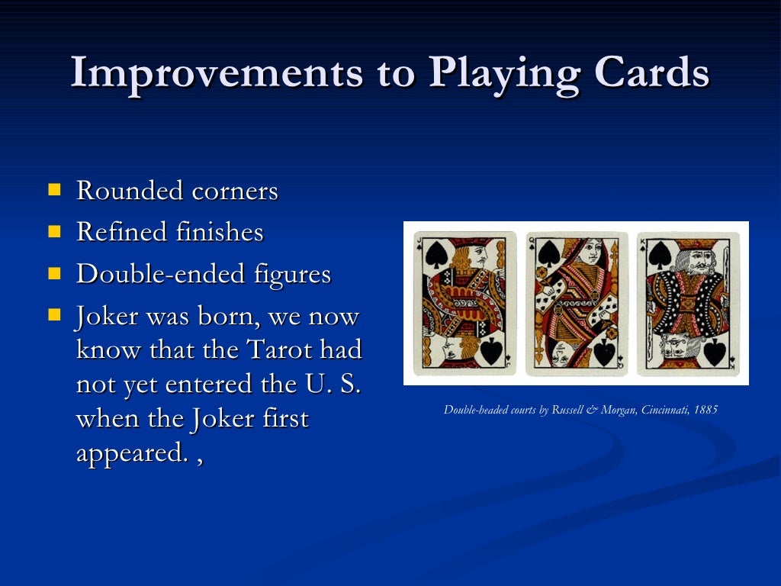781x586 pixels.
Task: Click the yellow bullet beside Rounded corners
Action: (55, 188)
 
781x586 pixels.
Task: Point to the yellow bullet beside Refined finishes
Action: (55, 230)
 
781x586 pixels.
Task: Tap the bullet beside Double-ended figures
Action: (55, 272)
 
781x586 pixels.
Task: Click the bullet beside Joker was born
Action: (55, 314)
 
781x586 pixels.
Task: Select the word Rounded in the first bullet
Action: (130, 191)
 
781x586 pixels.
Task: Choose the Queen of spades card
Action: (577, 303)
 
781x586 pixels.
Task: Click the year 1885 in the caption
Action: (706, 410)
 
